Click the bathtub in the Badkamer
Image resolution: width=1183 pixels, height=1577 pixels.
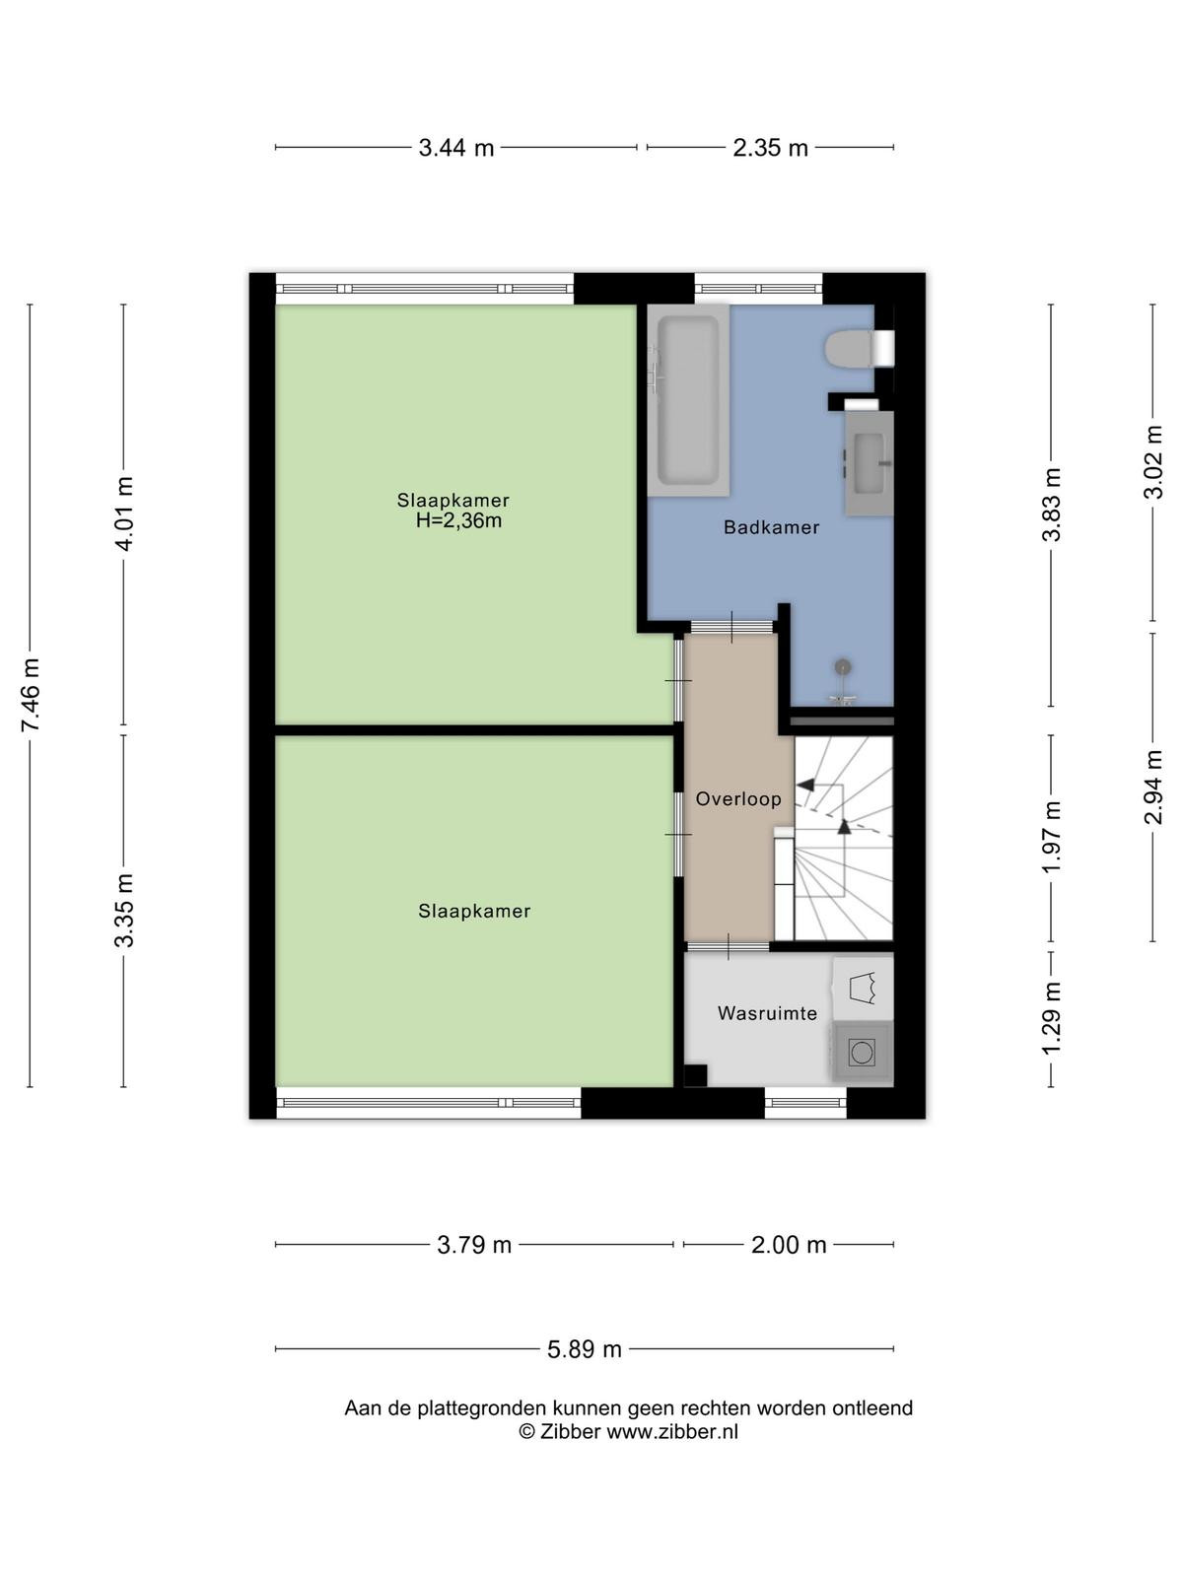pyautogui.click(x=688, y=399)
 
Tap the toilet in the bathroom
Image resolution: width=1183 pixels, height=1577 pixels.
pyautogui.click(x=859, y=349)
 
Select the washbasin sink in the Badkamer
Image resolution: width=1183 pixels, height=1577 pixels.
pyautogui.click(x=869, y=462)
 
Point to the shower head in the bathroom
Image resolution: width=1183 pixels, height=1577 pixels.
pyautogui.click(x=843, y=667)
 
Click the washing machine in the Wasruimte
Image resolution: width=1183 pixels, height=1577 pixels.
pyautogui.click(x=862, y=1053)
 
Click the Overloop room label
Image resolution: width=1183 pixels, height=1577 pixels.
pyautogui.click(x=737, y=799)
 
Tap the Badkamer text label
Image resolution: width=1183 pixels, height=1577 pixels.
pyautogui.click(x=771, y=527)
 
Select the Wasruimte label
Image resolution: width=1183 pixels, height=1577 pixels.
pyautogui.click(x=767, y=1014)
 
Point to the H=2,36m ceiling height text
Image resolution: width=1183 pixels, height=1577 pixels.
pyautogui.click(x=458, y=520)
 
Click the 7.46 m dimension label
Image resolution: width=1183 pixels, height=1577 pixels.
pyautogui.click(x=31, y=695)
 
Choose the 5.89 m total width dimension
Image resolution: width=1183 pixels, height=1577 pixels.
pyautogui.click(x=584, y=1349)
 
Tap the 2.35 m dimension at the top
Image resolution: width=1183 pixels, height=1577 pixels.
pyautogui.click(x=770, y=148)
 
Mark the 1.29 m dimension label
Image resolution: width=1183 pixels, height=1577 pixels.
pyautogui.click(x=1052, y=1019)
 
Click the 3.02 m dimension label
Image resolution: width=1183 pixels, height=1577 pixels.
pyautogui.click(x=1153, y=462)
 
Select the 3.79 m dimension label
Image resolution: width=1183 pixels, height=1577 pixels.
pyautogui.click(x=474, y=1245)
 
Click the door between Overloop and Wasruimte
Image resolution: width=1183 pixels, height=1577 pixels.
pyautogui.click(x=729, y=946)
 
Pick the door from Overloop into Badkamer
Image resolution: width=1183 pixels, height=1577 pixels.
pyautogui.click(x=731, y=627)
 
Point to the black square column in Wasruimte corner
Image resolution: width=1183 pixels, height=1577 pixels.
pyautogui.click(x=695, y=1075)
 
